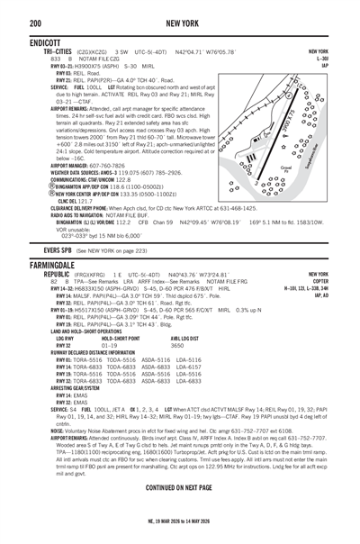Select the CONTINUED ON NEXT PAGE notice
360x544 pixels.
coord(180,487)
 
